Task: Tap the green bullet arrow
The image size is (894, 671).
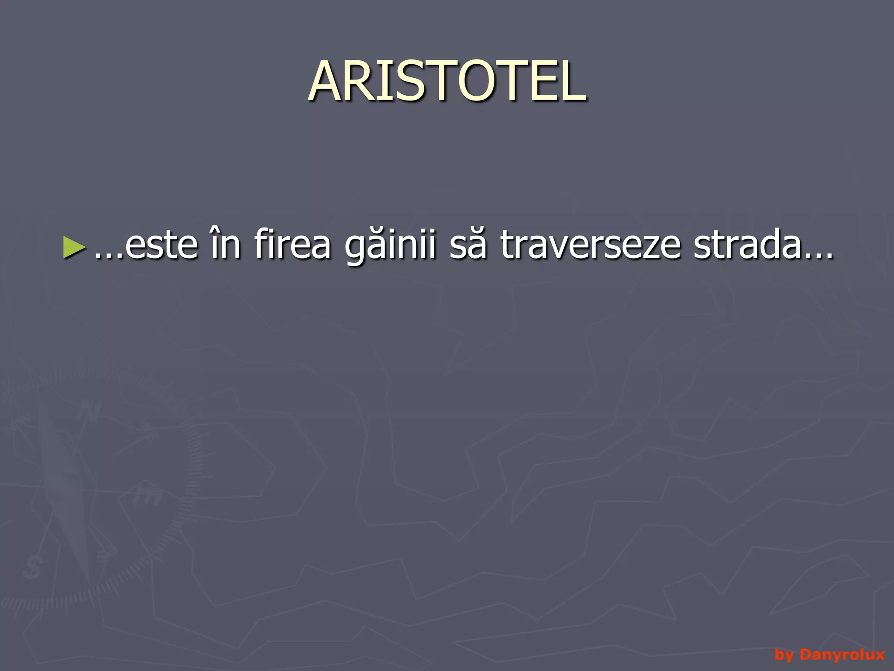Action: pyautogui.click(x=73, y=247)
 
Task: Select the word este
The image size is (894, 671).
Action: pyautogui.click(x=161, y=246)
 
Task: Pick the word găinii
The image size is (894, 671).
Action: pyautogui.click(x=390, y=246)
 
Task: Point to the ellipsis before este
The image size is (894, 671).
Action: pyautogui.click(x=107, y=256)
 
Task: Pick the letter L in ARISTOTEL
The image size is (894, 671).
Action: pyautogui.click(x=573, y=82)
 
